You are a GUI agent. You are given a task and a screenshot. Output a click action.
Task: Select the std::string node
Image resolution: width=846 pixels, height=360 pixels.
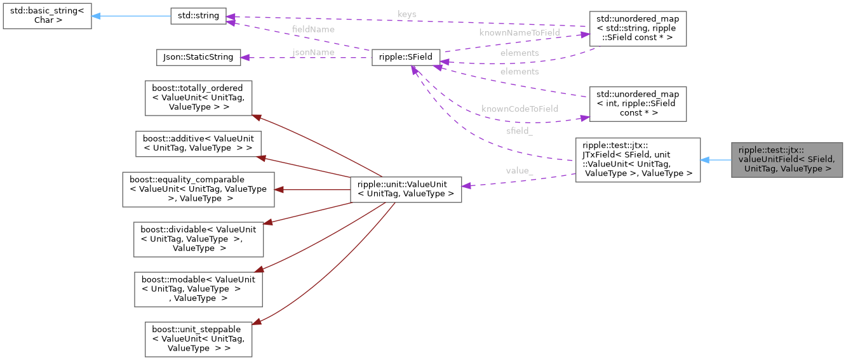198,17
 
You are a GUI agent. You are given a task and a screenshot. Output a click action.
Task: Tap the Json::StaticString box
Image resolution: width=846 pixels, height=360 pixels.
199,57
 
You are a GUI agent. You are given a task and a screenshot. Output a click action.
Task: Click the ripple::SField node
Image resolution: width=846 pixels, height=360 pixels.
406,57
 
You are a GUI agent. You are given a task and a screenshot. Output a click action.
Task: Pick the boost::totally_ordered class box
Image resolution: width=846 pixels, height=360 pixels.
198,98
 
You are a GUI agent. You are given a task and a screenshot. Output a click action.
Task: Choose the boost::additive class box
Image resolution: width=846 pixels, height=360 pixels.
198,143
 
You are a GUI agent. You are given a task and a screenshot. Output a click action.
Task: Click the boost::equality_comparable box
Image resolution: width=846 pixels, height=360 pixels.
198,189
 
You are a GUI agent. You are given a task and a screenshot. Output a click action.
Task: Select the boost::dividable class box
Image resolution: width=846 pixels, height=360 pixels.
198,239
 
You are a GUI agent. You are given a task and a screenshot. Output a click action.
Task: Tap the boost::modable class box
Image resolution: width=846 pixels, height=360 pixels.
198,289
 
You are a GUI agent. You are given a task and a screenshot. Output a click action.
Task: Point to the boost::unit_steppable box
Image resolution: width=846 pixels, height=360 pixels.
198,339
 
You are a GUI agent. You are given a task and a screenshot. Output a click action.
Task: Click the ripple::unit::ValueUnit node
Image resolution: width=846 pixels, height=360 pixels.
406,189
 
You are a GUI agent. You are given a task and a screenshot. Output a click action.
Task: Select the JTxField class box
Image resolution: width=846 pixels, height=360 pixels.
638,160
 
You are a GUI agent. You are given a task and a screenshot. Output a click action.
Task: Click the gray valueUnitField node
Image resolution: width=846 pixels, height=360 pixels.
786,160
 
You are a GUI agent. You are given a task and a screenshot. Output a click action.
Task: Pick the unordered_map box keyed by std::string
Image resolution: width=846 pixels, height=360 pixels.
638,29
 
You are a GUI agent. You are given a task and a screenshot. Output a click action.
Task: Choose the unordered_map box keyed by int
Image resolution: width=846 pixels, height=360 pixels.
638,103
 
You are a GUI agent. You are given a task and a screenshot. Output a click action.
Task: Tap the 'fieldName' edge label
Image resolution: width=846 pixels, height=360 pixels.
313,29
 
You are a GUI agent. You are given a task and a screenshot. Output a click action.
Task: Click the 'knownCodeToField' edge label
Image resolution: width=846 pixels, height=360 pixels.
520,109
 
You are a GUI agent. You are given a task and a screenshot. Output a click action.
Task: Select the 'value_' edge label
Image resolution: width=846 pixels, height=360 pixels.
520,171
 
